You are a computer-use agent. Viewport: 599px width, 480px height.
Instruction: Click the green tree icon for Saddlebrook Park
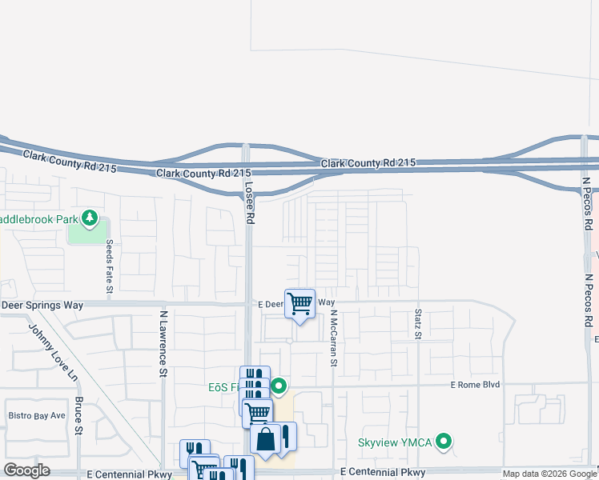(x=90, y=218)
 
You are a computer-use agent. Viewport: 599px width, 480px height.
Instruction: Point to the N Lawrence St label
(x=162, y=345)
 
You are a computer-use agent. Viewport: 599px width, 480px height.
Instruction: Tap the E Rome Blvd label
(x=475, y=385)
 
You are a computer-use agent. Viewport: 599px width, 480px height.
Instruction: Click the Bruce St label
(x=78, y=415)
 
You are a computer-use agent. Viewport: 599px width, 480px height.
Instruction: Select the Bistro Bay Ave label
(x=36, y=415)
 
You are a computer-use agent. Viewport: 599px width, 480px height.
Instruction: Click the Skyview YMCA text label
(x=396, y=442)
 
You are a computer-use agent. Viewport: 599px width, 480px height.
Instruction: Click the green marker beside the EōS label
(x=279, y=387)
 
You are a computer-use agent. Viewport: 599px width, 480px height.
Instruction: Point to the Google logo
(x=27, y=470)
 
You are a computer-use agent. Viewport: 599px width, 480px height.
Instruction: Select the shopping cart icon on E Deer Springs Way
(x=299, y=304)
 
